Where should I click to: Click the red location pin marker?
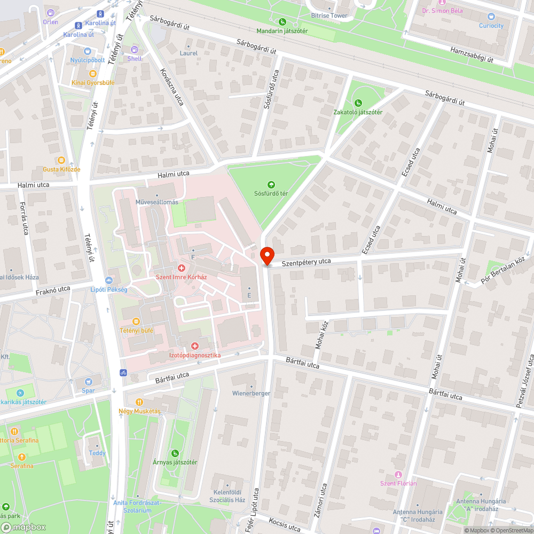pyautogui.click(x=266, y=255)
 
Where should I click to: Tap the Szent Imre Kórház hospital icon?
pyautogui.click(x=182, y=268)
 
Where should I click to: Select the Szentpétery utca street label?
pyautogui.click(x=302, y=262)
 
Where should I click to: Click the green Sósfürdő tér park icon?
pyautogui.click(x=271, y=184)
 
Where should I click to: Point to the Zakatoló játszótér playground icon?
pyautogui.click(x=358, y=103)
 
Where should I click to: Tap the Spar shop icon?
pyautogui.click(x=89, y=382)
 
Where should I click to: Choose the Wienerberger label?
pyautogui.click(x=251, y=393)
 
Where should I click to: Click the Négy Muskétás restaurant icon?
pyautogui.click(x=139, y=402)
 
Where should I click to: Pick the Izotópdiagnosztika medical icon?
pyautogui.click(x=195, y=346)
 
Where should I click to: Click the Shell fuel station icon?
pyautogui.click(x=135, y=50)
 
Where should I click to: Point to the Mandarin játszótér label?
pyautogui.click(x=282, y=30)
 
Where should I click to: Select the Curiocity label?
pyautogui.click(x=491, y=26)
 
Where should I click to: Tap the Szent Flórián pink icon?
pyautogui.click(x=398, y=475)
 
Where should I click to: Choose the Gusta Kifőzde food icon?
pyautogui.click(x=61, y=160)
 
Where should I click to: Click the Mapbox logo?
pyautogui.click(x=23, y=527)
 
